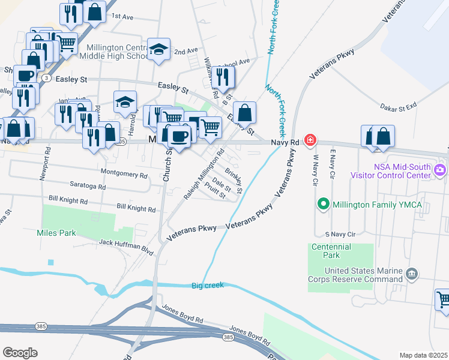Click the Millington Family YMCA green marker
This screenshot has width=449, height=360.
[x=324, y=205]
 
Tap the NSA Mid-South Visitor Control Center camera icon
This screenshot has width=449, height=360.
[x=441, y=170]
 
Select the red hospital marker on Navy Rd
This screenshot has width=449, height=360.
[x=310, y=140]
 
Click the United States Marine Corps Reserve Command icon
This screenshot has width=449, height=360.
[x=412, y=274]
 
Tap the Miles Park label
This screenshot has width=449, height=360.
[x=56, y=232]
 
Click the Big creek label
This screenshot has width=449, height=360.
[x=208, y=285]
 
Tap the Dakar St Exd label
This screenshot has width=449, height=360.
[x=399, y=106]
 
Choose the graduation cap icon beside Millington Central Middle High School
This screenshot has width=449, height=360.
[x=159, y=50]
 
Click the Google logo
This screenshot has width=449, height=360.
[x=20, y=352]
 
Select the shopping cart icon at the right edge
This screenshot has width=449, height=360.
[x=443, y=299]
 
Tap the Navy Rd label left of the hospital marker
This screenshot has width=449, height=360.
[x=285, y=142]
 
